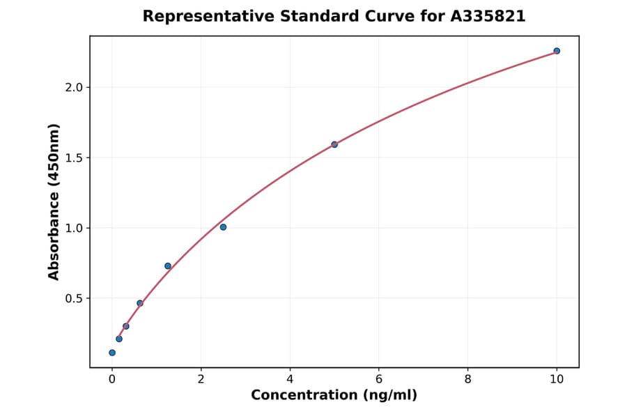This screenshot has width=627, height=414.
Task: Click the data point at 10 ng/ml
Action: [x=557, y=51]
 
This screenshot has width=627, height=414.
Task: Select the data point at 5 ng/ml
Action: [x=334, y=144]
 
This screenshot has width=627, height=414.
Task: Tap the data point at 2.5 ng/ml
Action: [x=223, y=227]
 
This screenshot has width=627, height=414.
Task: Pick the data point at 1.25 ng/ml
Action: [x=168, y=266]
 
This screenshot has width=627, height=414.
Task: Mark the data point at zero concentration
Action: [x=112, y=353]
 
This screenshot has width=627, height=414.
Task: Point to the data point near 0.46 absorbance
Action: [x=140, y=303]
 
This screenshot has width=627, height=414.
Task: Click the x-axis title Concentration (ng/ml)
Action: [x=334, y=395]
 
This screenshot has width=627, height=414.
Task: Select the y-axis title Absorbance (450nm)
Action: [x=54, y=201]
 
